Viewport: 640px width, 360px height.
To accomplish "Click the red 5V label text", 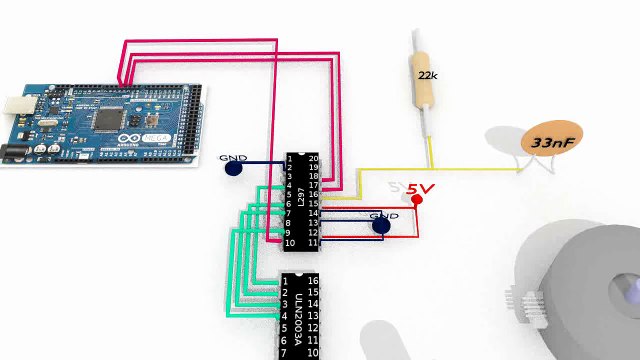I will (421, 188).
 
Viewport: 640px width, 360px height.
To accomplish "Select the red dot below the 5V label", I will (417, 200).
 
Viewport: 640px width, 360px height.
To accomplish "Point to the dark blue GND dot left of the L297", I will (233, 168).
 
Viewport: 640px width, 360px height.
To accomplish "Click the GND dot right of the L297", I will (381, 226).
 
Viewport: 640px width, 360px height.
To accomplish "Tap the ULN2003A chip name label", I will (298, 310).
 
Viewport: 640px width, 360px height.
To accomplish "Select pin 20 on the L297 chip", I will (313, 159).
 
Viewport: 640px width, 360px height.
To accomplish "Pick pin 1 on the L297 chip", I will (290, 159).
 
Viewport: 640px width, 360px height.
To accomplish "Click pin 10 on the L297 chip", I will (290, 243).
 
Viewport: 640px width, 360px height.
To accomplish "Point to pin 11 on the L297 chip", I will (313, 243).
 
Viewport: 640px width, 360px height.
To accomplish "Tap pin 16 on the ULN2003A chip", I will (312, 282).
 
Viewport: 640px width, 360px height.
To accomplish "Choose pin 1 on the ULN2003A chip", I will (286, 282).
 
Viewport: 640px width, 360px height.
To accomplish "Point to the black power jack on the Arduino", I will (12, 153).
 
